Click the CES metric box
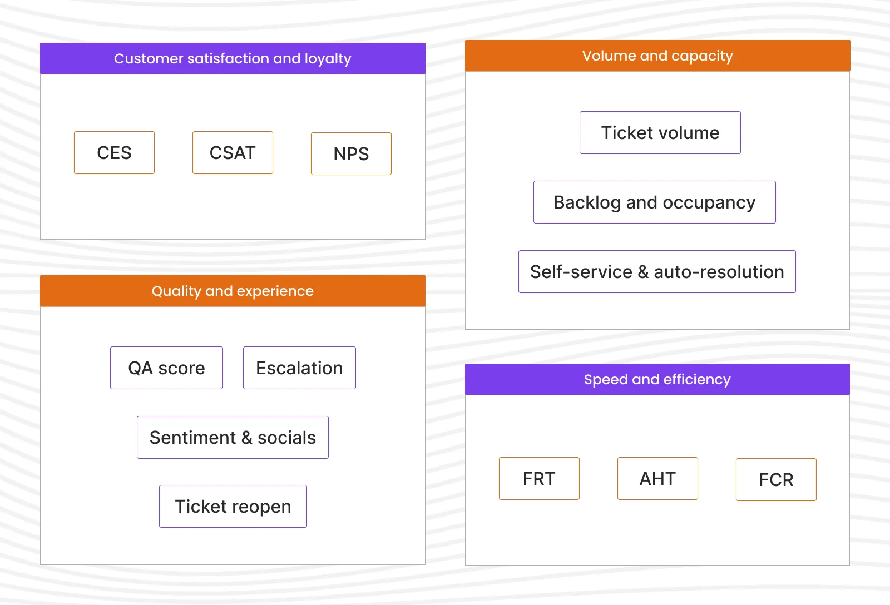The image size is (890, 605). tap(114, 153)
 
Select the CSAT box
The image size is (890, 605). tap(233, 153)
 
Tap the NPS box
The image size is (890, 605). tap(351, 154)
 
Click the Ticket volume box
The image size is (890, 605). tap(660, 133)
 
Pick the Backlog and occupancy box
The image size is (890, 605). tap(654, 202)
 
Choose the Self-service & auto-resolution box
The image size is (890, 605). tap(657, 272)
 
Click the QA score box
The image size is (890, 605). tap(166, 368)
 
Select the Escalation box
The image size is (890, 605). tap(299, 368)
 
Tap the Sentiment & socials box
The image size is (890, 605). tap(233, 438)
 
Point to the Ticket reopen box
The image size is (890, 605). tap(233, 507)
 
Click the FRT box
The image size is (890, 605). tap(539, 479)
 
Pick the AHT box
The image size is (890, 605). tap(657, 479)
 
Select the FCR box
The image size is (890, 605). tap(776, 480)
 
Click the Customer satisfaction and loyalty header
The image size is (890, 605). tap(233, 58)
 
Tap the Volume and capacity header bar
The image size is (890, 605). tap(657, 56)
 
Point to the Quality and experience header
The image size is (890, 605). tap(233, 291)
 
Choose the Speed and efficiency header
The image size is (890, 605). tap(657, 379)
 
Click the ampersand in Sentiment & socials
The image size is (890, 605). tap(246, 438)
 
